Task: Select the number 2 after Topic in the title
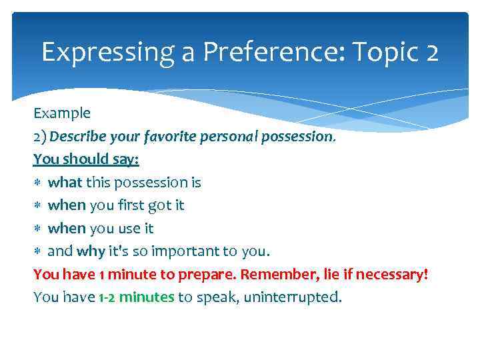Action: [x=430, y=52]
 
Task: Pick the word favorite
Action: [x=163, y=137]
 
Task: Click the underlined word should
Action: [x=85, y=160]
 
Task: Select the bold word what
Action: [x=65, y=183]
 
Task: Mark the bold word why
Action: [x=91, y=252]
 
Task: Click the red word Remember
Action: [x=276, y=275]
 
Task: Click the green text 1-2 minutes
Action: [x=135, y=297]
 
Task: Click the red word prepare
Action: [x=209, y=275]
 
